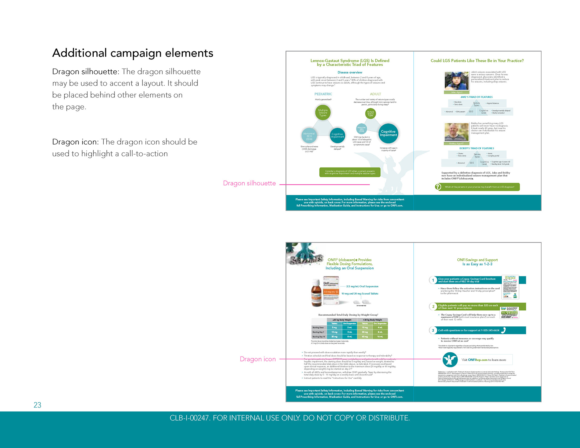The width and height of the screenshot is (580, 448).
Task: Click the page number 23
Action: click(x=37, y=405)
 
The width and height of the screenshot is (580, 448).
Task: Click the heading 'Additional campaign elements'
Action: click(x=133, y=53)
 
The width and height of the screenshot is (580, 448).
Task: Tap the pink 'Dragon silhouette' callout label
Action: click(x=249, y=183)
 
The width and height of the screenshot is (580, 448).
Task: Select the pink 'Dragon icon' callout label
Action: click(x=258, y=359)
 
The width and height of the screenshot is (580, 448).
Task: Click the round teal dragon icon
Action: click(x=450, y=360)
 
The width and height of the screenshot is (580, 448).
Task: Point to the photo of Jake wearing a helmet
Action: click(x=456, y=81)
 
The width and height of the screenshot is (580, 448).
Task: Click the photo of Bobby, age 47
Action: click(x=456, y=132)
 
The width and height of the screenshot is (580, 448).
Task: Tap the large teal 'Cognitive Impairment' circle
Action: click(x=388, y=133)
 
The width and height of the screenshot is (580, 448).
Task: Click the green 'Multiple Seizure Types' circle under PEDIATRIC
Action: click(x=323, y=113)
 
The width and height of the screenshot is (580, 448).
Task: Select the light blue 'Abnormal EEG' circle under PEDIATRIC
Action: click(x=309, y=136)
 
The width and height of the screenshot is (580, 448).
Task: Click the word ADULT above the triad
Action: click(x=375, y=94)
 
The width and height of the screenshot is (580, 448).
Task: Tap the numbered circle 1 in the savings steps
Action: click(x=433, y=280)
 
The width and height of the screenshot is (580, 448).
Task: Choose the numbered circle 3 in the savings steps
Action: click(x=433, y=330)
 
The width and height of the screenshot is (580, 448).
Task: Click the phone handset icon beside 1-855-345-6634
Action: click(x=503, y=330)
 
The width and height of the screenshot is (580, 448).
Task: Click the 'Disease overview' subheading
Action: click(x=350, y=72)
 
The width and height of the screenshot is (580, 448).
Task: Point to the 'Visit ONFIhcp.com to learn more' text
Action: click(x=484, y=360)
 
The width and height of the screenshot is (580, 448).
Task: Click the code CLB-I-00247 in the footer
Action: click(x=189, y=418)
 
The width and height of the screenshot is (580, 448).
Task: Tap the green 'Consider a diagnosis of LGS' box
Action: click(x=350, y=172)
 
